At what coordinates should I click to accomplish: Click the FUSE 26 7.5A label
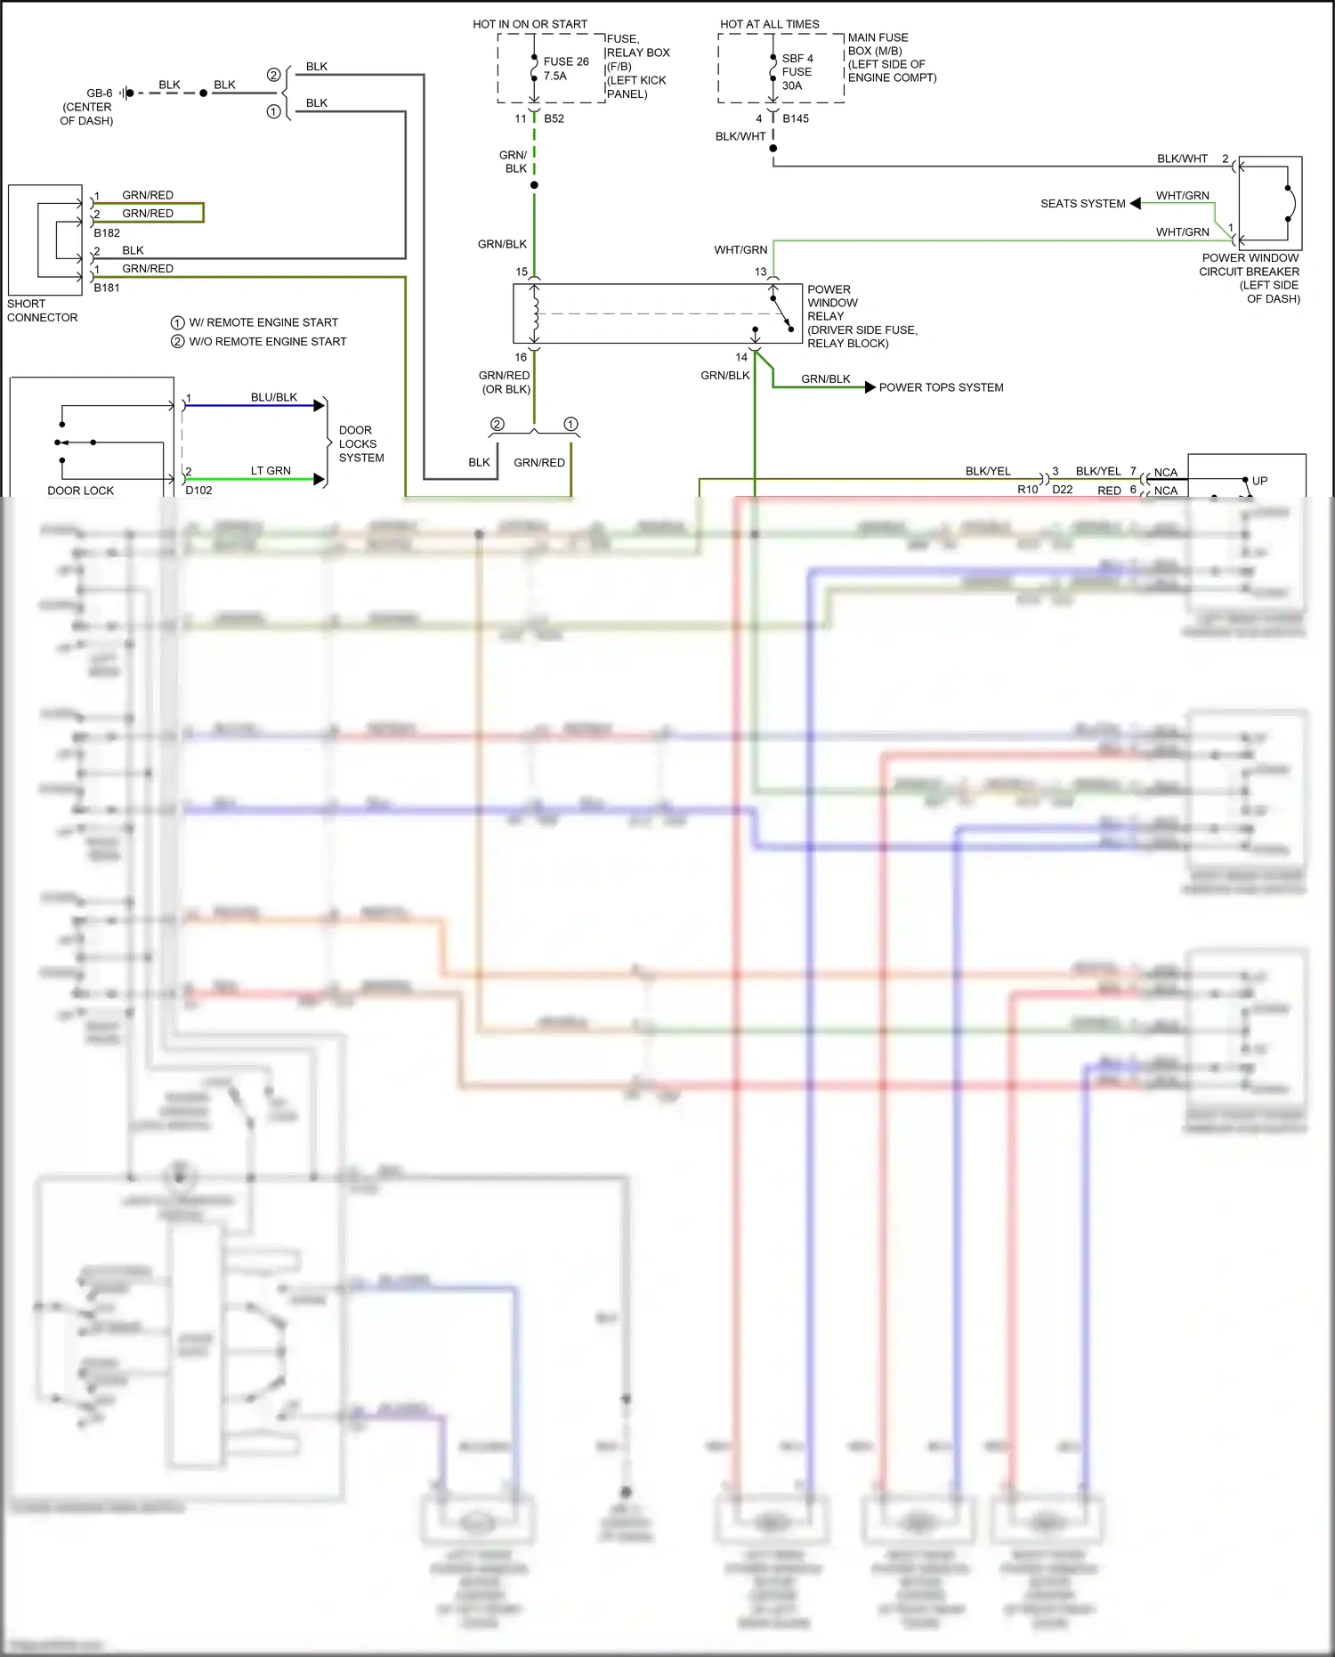[x=565, y=69]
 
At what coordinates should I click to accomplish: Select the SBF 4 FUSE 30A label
[x=797, y=72]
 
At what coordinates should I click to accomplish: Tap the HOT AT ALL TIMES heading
[x=769, y=24]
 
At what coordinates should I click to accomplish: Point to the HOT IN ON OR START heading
[x=530, y=24]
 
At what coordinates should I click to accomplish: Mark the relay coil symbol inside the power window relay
[x=535, y=313]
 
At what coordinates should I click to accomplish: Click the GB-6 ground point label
[x=99, y=93]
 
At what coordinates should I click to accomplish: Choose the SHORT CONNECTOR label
[x=42, y=311]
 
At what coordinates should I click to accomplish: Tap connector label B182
[x=107, y=233]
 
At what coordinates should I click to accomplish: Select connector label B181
[x=107, y=288]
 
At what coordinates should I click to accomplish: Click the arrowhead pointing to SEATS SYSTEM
[x=1135, y=204]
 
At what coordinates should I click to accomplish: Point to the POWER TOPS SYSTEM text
[x=941, y=387]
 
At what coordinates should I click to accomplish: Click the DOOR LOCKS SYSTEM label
[x=360, y=443]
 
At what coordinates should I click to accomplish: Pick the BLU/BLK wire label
[x=273, y=397]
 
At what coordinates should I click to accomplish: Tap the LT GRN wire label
[x=271, y=471]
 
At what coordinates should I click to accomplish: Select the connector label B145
[x=796, y=118]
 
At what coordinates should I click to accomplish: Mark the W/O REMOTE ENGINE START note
[x=267, y=342]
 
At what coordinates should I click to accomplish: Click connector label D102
[x=198, y=491]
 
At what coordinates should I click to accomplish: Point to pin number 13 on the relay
[x=760, y=272]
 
